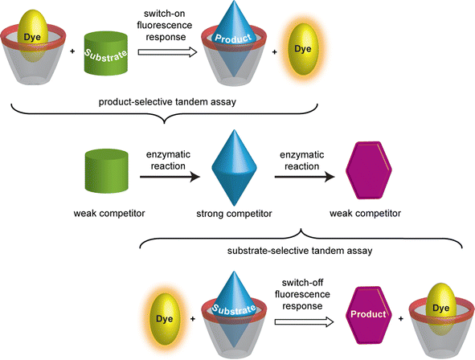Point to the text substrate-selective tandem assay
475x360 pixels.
[309, 250]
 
